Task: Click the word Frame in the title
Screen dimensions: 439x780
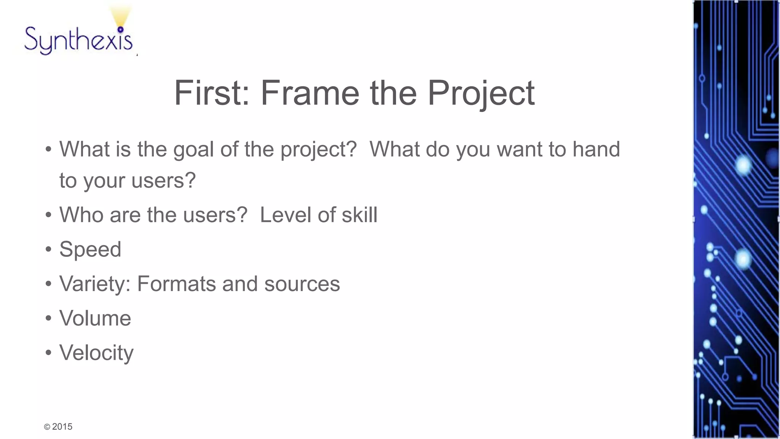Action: pos(310,93)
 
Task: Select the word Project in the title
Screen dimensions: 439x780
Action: pos(481,94)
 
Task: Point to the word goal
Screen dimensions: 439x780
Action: pos(193,149)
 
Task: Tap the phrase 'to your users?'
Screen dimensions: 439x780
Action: pos(128,180)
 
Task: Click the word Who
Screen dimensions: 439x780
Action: pos(81,215)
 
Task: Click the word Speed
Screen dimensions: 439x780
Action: pos(90,250)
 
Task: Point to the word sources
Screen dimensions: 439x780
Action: pos(302,284)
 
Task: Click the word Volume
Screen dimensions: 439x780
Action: pos(95,318)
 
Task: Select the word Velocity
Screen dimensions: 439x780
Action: pos(96,353)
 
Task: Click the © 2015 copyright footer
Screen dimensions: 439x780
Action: pos(58,426)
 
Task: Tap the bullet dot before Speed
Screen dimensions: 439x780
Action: pos(48,250)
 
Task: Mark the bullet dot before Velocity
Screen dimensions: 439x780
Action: pos(48,353)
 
